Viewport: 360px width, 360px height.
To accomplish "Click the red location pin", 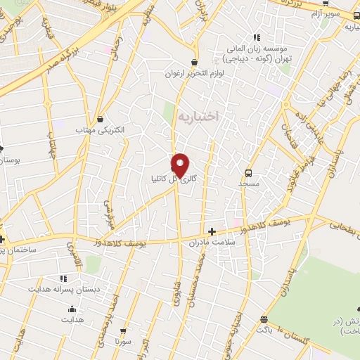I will (x=181, y=163).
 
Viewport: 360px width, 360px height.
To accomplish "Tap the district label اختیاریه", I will (x=199, y=115).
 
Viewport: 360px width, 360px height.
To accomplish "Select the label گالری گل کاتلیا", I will (x=172, y=179).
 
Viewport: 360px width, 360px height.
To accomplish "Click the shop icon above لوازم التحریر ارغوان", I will (x=196, y=62).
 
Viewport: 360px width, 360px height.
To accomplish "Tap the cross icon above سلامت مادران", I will (x=212, y=231).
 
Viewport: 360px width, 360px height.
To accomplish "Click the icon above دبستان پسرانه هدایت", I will (x=64, y=278).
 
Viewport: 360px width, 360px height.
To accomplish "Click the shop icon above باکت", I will (x=264, y=319).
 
